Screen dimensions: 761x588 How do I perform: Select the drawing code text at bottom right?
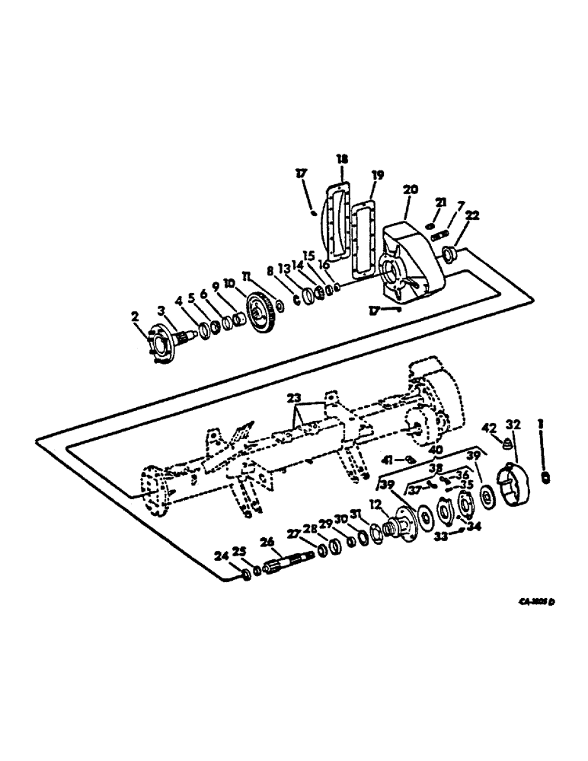(533, 601)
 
